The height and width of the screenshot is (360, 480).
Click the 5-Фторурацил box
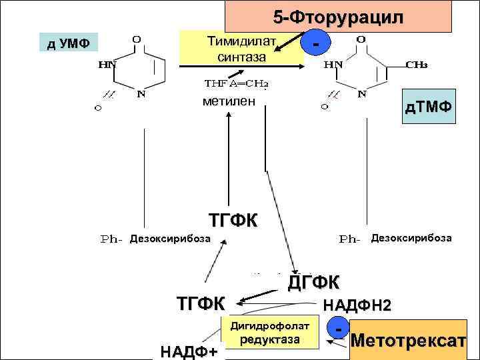(x=338, y=17)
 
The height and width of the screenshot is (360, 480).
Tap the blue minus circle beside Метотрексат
(x=340, y=329)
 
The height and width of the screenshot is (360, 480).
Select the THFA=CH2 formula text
(x=236, y=85)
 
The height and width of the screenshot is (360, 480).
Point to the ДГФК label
(x=313, y=282)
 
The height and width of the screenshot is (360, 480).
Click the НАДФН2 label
(x=357, y=305)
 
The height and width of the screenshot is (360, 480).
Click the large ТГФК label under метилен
(x=234, y=221)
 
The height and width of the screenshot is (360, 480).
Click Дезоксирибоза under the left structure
(x=170, y=238)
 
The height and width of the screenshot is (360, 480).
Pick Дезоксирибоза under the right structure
(x=411, y=237)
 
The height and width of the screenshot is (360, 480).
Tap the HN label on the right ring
(x=334, y=65)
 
